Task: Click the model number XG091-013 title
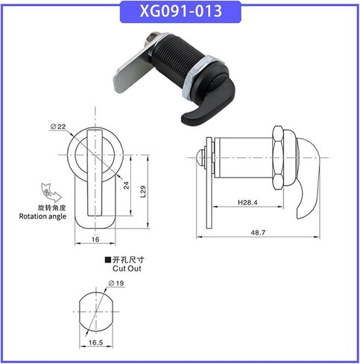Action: (x=180, y=11)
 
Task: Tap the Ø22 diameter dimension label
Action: (x=58, y=127)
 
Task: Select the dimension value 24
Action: (x=127, y=185)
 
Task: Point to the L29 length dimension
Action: (x=143, y=192)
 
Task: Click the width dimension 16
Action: (x=95, y=239)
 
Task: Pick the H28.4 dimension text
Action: (x=247, y=202)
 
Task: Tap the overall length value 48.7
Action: (x=258, y=233)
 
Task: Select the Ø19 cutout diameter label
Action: (x=116, y=283)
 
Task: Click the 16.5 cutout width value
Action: (x=96, y=342)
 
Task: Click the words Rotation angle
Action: (x=42, y=216)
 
